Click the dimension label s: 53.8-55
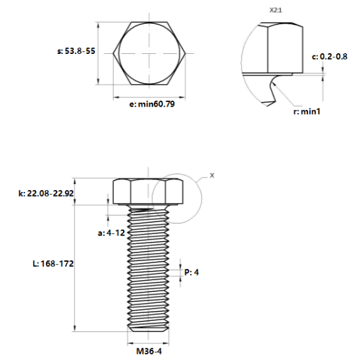tap(76, 51)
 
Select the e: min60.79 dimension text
tap(152, 104)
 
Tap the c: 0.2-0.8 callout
tap(329, 57)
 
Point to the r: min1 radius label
tap(307, 112)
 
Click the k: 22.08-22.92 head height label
tap(46, 193)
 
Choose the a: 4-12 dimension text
tap(111, 233)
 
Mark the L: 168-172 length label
tap(53, 264)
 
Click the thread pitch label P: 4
tap(192, 272)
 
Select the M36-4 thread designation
tap(149, 351)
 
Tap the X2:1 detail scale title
tap(276, 11)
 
